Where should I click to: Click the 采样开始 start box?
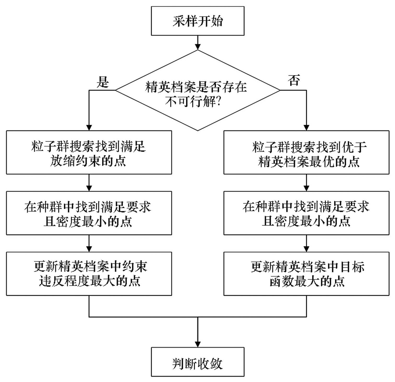click(x=197, y=21)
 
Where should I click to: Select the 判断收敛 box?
click(x=197, y=362)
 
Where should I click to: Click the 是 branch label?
click(x=103, y=82)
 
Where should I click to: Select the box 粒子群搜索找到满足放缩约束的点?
click(x=89, y=152)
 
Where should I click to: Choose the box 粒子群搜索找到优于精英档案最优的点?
click(x=306, y=152)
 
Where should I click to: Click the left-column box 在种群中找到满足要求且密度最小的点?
click(x=89, y=213)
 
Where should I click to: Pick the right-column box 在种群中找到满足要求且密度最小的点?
click(x=306, y=213)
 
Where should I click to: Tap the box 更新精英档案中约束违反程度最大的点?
click(x=89, y=274)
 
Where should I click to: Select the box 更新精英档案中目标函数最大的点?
click(x=306, y=274)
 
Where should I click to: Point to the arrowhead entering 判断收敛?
click(x=198, y=344)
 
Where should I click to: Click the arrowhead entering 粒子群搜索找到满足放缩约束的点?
click(x=89, y=127)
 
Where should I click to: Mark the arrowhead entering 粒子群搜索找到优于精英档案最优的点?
click(x=307, y=127)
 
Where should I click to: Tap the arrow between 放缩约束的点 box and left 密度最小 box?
click(x=89, y=183)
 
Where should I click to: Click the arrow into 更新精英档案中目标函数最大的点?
click(x=307, y=243)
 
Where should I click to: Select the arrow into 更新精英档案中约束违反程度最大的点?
click(x=89, y=243)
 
